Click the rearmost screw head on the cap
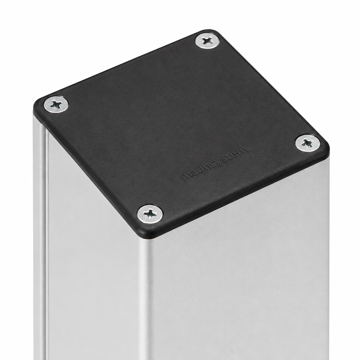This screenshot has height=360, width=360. tap(207, 41)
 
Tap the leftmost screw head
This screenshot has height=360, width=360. tap(56, 104)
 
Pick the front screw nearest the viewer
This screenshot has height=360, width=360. tap(150, 214)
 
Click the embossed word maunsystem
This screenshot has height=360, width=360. tap(215, 164)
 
